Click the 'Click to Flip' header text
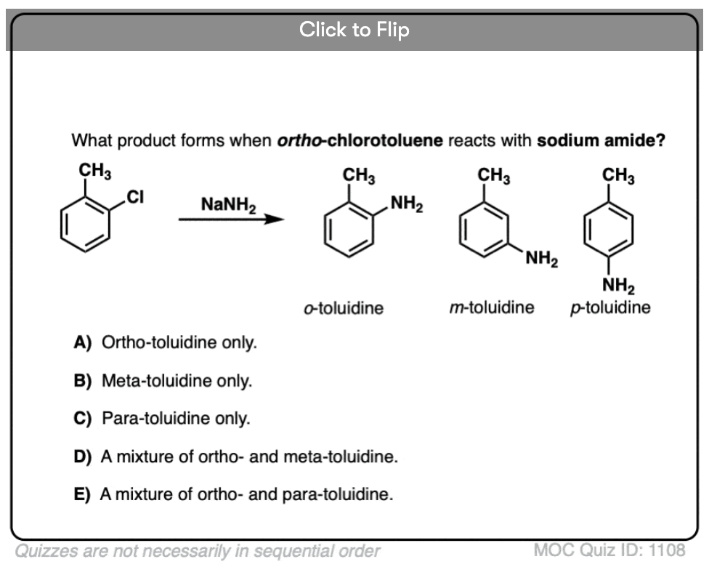[x=354, y=30]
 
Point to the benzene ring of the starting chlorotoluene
[x=86, y=226]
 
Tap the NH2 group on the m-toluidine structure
[x=541, y=257]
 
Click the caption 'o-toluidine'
[x=344, y=307]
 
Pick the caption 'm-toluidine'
[x=492, y=307]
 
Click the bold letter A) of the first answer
[x=83, y=342]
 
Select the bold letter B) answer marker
[x=83, y=380]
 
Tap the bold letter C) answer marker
[x=83, y=419]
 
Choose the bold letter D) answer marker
[x=83, y=457]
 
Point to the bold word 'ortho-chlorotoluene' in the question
[x=360, y=140]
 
